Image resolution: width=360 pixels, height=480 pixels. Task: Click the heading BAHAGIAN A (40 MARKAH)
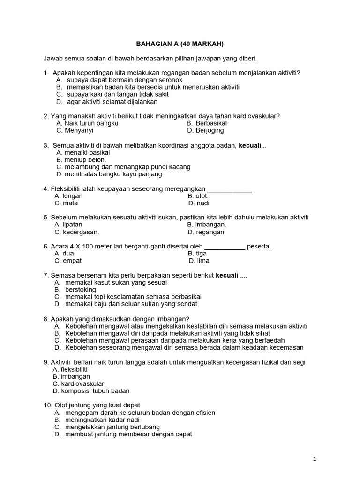[x=180, y=44]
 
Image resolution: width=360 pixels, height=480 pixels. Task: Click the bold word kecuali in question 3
[x=250, y=145]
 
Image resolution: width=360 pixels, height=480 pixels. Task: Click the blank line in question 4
[x=229, y=189]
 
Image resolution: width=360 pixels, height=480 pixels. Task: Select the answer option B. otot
[x=198, y=196]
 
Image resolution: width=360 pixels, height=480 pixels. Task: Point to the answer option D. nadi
[x=199, y=203]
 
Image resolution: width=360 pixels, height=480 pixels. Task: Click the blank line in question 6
[x=225, y=246]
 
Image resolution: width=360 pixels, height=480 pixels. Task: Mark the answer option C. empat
[x=66, y=261]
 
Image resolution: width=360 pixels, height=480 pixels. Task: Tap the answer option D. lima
[x=199, y=261]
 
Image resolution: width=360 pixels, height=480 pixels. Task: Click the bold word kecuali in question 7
[x=227, y=275]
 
